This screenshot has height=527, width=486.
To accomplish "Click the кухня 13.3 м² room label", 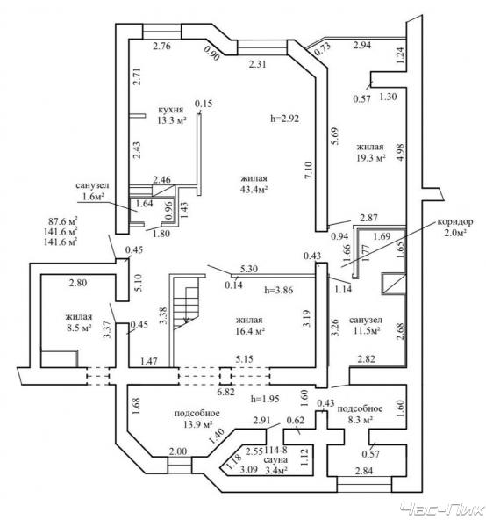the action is (x=172, y=114).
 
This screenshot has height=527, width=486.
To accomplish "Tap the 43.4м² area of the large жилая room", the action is (x=254, y=189).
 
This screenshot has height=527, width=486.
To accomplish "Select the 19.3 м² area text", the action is (x=370, y=157).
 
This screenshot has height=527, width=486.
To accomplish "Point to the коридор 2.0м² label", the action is (x=455, y=227).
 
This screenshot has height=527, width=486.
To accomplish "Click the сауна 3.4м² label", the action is (x=275, y=464).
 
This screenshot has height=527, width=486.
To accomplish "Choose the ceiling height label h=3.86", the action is (x=279, y=290).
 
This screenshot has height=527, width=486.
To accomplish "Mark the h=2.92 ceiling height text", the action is (x=284, y=119).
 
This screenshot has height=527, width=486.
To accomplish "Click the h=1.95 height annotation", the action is (x=265, y=399).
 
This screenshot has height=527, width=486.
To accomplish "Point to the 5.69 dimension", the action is (x=335, y=136).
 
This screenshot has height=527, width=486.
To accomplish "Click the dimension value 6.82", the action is (x=225, y=392).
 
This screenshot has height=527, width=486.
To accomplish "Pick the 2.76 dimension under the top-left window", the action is (x=161, y=46).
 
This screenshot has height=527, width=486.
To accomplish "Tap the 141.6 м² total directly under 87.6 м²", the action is (x=61, y=232).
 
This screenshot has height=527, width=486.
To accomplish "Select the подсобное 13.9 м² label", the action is (x=197, y=419).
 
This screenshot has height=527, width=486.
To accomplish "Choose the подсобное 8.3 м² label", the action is (x=360, y=414).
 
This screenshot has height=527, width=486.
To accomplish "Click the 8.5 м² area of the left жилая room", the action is (x=79, y=328).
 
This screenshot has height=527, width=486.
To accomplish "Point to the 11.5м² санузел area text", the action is (x=366, y=331).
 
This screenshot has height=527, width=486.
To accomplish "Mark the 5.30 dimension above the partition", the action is (x=249, y=269).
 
